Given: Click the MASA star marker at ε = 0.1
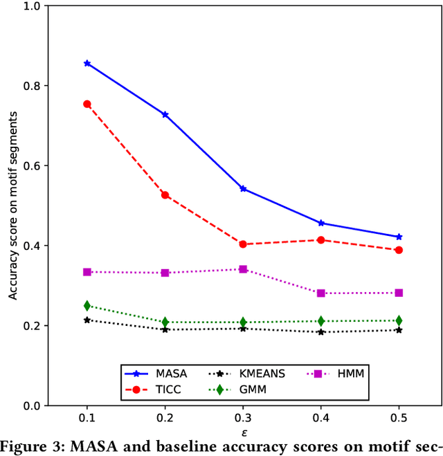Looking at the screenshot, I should pyautogui.click(x=87, y=63).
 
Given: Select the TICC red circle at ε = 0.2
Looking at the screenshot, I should pyautogui.click(x=165, y=195).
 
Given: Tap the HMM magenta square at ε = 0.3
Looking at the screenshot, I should pyautogui.click(x=243, y=269).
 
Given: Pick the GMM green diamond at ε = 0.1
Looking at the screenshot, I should pyautogui.click(x=87, y=305).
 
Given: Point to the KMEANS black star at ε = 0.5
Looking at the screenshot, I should pyautogui.click(x=399, y=330).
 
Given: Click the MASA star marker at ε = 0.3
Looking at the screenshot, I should pyautogui.click(x=243, y=188).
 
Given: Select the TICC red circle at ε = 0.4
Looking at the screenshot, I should pyautogui.click(x=321, y=240).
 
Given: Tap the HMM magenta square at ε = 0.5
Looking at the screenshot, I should pyautogui.click(x=399, y=293).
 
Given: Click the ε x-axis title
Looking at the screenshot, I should pyautogui.click(x=243, y=432).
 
